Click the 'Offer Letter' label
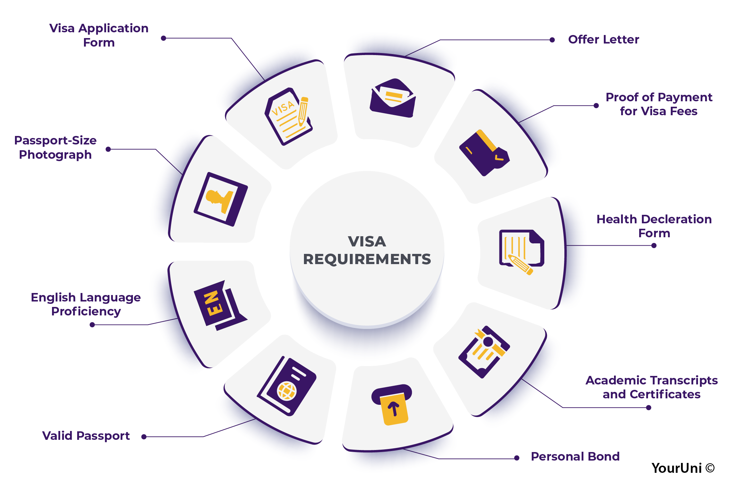pos(603,40)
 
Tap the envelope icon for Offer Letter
pos(393,99)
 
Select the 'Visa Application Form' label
pos(99,35)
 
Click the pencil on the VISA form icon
pos(303,110)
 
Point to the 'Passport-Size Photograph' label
pos(55,148)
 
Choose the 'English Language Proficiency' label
pos(86,304)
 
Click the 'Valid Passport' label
pos(86,436)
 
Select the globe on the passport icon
pos(287,391)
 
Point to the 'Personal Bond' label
pos(575,456)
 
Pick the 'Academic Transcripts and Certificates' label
pos(651,387)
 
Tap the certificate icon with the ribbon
pos(484,352)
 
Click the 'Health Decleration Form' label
pos(654,226)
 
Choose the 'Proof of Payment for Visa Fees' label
pos(659,104)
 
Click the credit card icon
pos(483,153)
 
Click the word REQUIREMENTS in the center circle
pos(367,259)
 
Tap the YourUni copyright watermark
pos(683,468)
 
